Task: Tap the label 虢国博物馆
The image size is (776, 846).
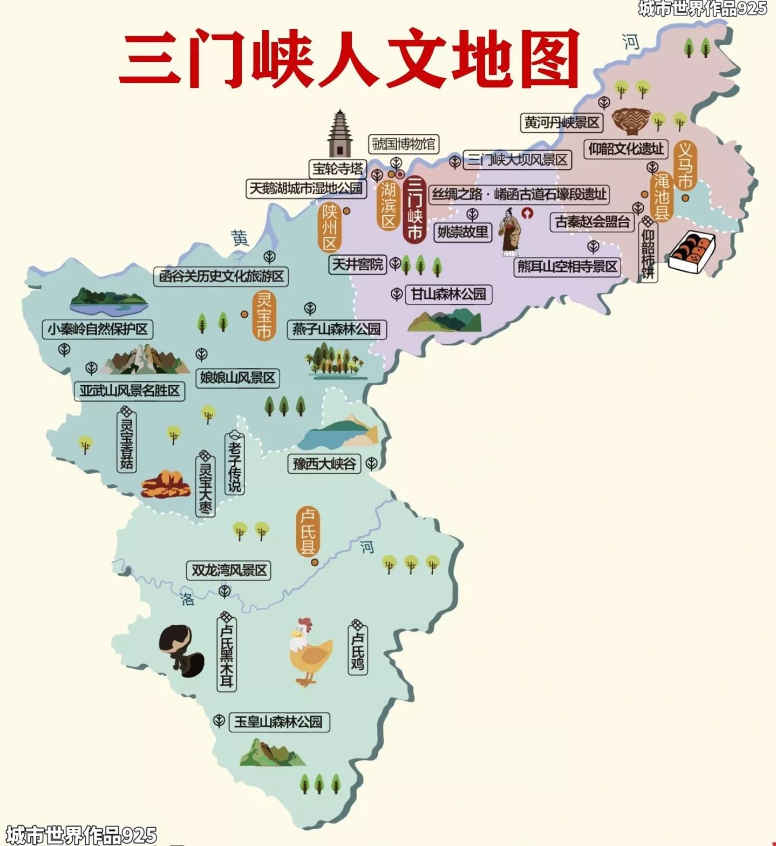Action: click(x=404, y=144)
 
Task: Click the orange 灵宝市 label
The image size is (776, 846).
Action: click(x=263, y=316)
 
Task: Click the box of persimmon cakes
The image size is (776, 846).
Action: click(x=692, y=250)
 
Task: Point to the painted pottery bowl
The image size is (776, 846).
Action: click(x=630, y=121)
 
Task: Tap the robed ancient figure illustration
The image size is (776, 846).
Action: click(x=509, y=232)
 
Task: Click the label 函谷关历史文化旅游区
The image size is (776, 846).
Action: click(x=221, y=276)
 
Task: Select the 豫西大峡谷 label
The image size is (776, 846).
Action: click(x=324, y=463)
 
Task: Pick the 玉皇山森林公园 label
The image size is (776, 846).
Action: click(x=278, y=722)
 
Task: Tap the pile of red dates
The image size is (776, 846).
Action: click(x=166, y=484)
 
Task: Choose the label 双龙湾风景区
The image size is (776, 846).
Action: click(x=229, y=570)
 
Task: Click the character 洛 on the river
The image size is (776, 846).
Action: click(x=187, y=599)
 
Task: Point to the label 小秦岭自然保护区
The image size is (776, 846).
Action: click(x=98, y=329)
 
